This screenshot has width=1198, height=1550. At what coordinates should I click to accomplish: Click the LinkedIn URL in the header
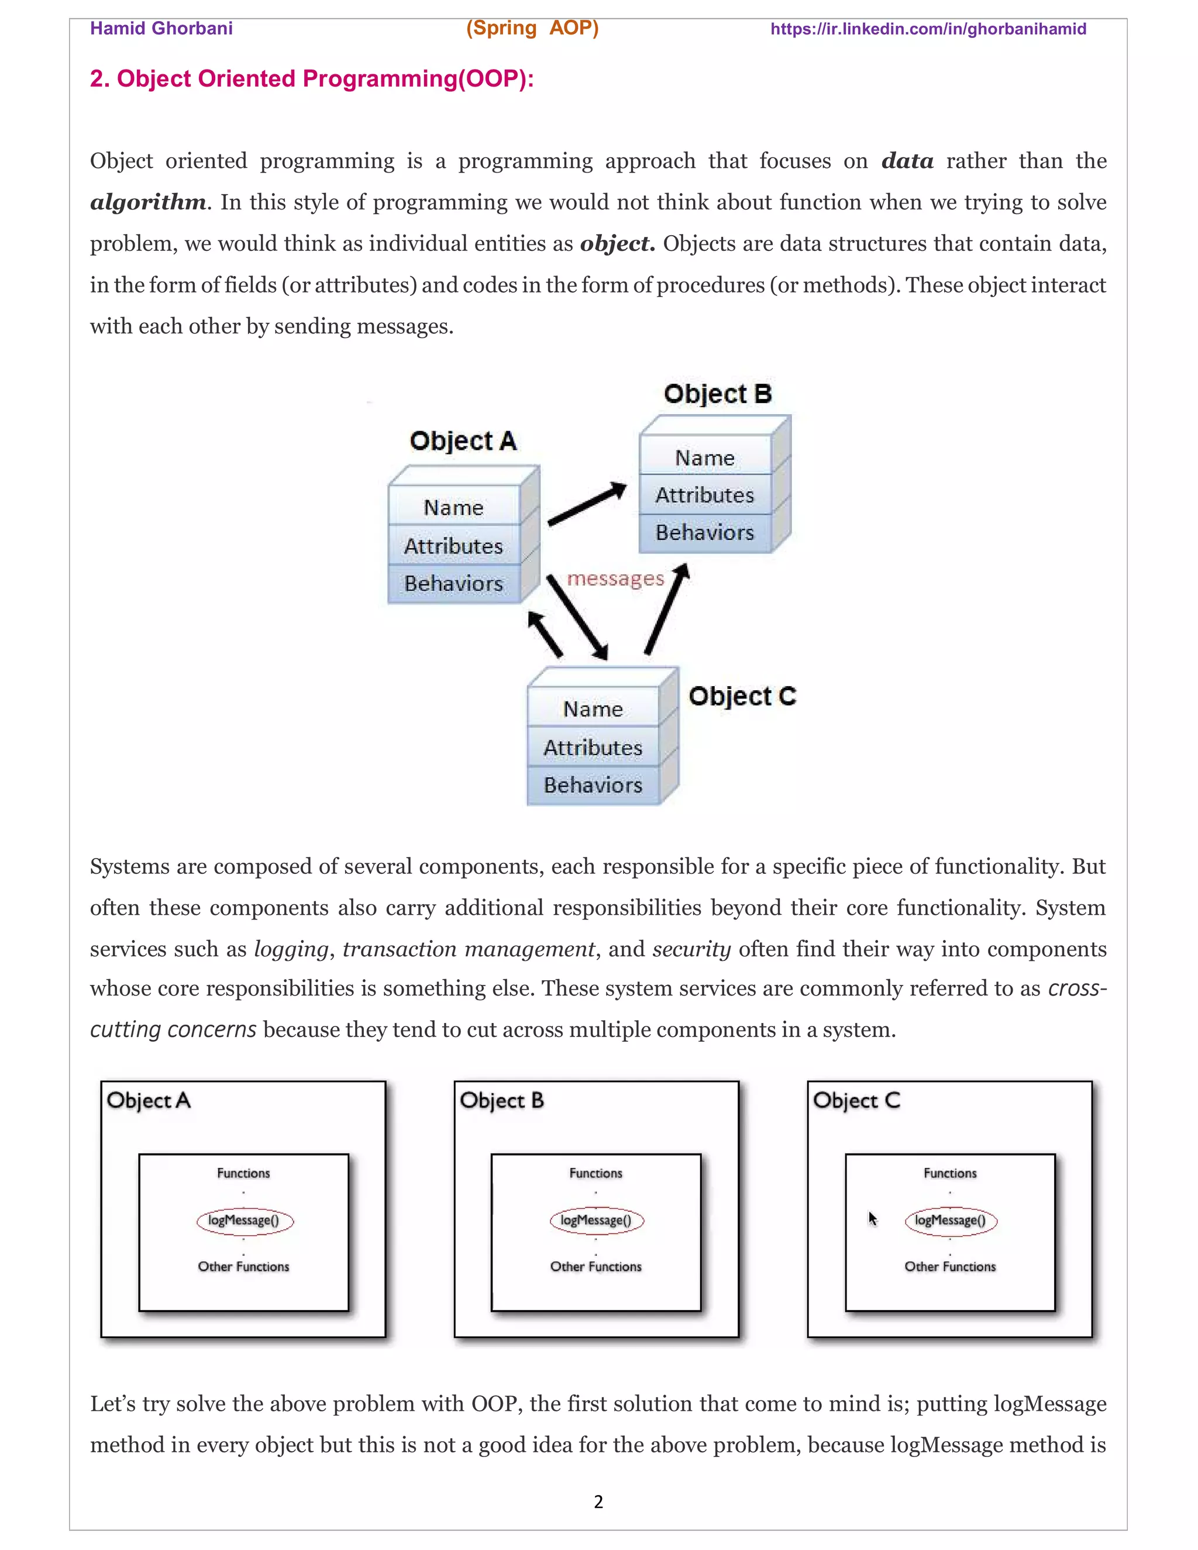tap(928, 29)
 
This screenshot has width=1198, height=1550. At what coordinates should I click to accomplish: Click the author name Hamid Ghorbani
tap(161, 29)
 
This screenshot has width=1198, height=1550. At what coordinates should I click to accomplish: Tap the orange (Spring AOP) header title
tap(532, 29)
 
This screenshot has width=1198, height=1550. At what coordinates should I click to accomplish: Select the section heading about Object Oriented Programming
tap(312, 79)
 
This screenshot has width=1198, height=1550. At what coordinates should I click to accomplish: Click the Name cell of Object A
tap(453, 508)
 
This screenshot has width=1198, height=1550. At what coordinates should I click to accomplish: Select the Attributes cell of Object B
tap(704, 495)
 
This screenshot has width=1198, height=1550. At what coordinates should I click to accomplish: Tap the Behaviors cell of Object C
tap(593, 785)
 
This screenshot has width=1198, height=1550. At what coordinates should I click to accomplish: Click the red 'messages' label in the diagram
tap(615, 579)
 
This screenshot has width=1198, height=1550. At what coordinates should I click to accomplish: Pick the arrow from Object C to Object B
tap(666, 608)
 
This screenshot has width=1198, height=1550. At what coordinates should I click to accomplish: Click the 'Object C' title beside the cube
tap(742, 696)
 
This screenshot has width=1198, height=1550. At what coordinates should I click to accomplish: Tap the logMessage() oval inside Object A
tap(244, 1220)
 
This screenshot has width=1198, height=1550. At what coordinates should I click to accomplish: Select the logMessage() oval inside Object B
tap(596, 1220)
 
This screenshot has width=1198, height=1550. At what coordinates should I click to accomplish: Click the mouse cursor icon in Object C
tap(872, 1218)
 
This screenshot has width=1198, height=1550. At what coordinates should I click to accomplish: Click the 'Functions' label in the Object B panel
tap(595, 1173)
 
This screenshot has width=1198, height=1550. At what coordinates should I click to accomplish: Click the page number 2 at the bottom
tap(598, 1501)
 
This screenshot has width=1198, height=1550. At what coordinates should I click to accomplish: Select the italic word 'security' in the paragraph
tap(691, 949)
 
